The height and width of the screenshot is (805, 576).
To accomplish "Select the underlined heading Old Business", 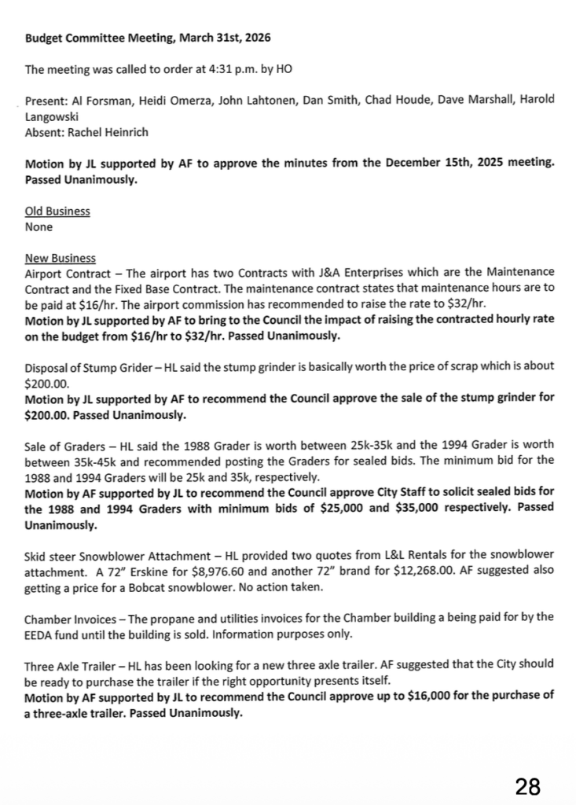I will tap(57, 211).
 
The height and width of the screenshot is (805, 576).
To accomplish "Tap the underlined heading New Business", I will tap(61, 258).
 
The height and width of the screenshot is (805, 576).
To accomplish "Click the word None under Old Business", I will tap(39, 227).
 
